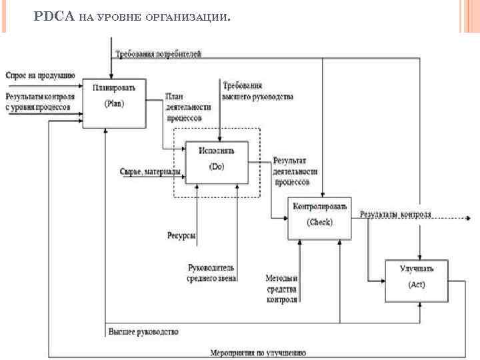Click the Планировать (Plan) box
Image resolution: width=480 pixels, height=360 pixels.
pyautogui.click(x=114, y=103)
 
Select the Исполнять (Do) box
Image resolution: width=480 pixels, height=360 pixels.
pyautogui.click(x=217, y=162)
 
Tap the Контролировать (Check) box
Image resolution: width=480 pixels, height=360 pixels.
pyautogui.click(x=319, y=218)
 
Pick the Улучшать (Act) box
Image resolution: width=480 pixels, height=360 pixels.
pyautogui.click(x=416, y=281)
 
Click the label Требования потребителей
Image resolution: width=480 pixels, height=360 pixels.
pyautogui.click(x=158, y=53)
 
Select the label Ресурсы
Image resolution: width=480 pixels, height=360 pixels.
pyautogui.click(x=181, y=235)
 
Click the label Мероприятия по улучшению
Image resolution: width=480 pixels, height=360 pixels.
pyautogui.click(x=257, y=353)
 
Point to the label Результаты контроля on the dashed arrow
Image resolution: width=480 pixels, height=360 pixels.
pyautogui.click(x=395, y=215)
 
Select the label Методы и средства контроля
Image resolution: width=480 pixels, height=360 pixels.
pyautogui.click(x=281, y=288)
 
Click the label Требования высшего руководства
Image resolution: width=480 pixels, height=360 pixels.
pyautogui.click(x=257, y=91)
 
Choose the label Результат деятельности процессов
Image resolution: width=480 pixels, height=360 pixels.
pyautogui.click(x=291, y=171)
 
